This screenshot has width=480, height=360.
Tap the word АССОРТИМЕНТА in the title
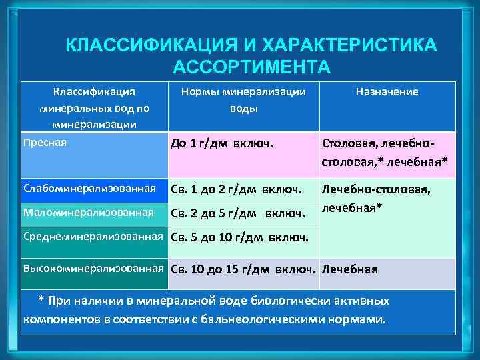point(251,67)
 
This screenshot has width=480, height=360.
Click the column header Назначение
point(387,93)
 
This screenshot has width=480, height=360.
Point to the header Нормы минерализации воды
point(244,100)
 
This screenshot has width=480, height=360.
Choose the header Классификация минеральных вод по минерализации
point(95,107)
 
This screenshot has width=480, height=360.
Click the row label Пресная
point(45,142)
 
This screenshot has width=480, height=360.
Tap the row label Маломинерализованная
point(88,212)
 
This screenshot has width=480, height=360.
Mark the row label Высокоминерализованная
point(93,268)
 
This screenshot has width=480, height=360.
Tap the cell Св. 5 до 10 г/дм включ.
point(240,237)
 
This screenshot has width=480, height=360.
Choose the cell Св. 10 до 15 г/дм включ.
point(243,269)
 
